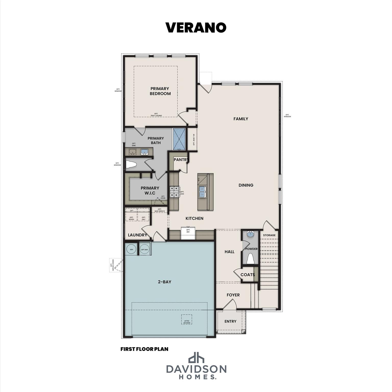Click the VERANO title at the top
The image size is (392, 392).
tap(196, 28)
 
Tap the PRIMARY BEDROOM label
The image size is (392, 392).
tap(160, 91)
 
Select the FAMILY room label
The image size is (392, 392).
tap(241, 119)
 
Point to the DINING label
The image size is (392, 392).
tap(246, 185)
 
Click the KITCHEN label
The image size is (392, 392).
tap(194, 218)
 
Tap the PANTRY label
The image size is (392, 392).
tap(181, 160)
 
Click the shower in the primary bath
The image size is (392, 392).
tap(180, 139)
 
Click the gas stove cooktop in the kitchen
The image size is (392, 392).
tap(175, 192)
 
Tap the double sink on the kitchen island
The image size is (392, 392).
tap(203, 192)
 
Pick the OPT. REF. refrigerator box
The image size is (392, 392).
tap(188, 233)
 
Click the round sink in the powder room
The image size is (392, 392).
tap(250, 234)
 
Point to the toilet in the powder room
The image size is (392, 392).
tap(250, 259)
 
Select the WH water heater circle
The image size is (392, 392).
tap(131, 249)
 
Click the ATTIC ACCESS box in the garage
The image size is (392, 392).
tap(187, 322)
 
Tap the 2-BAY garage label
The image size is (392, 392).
tap(164, 282)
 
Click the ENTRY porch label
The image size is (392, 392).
tap(230, 321)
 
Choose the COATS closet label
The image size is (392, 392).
tap(248, 275)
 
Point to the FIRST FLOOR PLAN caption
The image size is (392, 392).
tap(144, 349)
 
